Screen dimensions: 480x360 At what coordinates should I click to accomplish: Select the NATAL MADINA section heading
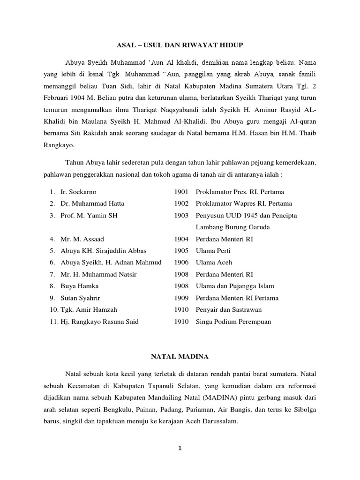pos(180,357)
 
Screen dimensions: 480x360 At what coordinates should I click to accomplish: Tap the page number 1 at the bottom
pos(180,448)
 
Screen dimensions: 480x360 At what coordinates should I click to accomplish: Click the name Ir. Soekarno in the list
pos(78,192)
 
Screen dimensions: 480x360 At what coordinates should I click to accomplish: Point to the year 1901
pos(181,192)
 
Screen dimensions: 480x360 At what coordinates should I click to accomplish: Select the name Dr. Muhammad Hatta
pos(92,203)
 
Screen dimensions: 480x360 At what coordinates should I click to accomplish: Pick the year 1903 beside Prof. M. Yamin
pos(181,215)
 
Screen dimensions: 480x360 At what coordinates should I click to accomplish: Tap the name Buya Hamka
pos(79,286)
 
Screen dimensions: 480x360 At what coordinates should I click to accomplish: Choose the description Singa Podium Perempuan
pos(233,322)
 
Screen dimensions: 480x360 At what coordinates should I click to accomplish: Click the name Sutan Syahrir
pos(80,298)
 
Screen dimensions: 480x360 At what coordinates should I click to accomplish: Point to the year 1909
pos(181,298)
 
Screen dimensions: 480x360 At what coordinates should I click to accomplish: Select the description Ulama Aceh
pos(214,262)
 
